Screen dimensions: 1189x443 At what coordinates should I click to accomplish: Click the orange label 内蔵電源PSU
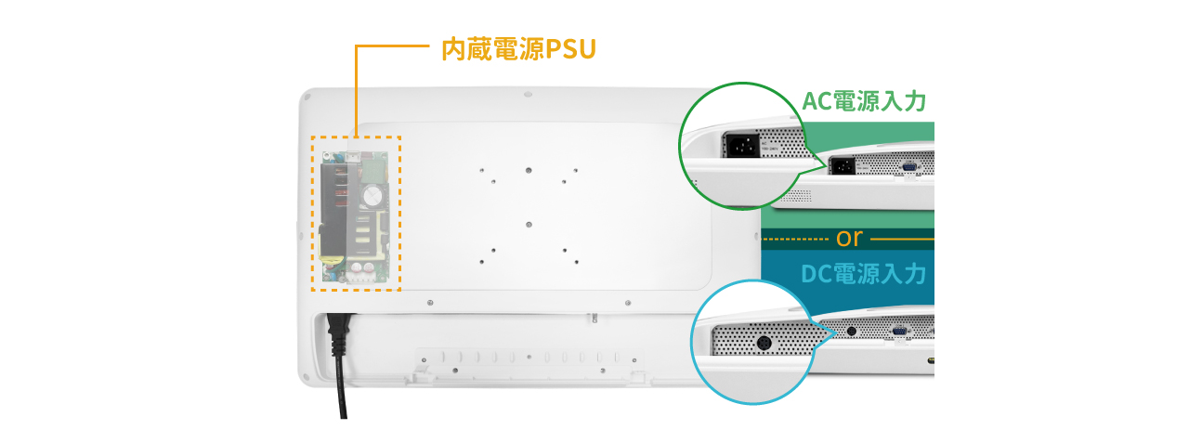518,49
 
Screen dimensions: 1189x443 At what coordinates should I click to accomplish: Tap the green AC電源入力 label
864,101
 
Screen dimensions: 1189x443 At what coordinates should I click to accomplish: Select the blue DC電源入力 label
863,274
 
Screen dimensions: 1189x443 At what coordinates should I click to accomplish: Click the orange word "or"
849,238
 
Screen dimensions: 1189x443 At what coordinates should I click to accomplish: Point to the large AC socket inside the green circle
741,144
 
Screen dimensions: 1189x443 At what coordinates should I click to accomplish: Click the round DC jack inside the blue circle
764,344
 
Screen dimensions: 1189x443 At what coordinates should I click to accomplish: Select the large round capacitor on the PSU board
372,196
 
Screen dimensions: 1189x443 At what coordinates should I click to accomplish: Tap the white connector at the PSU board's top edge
353,157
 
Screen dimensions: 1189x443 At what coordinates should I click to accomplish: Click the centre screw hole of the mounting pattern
529,225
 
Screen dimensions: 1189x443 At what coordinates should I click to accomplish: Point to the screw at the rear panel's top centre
528,95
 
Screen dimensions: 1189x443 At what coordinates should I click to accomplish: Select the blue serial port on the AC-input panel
908,167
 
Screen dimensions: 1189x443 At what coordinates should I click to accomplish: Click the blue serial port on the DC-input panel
900,331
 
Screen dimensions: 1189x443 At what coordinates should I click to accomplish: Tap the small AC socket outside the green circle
843,166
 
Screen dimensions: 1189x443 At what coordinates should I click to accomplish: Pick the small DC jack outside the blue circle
852,331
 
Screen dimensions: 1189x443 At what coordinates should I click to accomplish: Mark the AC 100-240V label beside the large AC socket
770,146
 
